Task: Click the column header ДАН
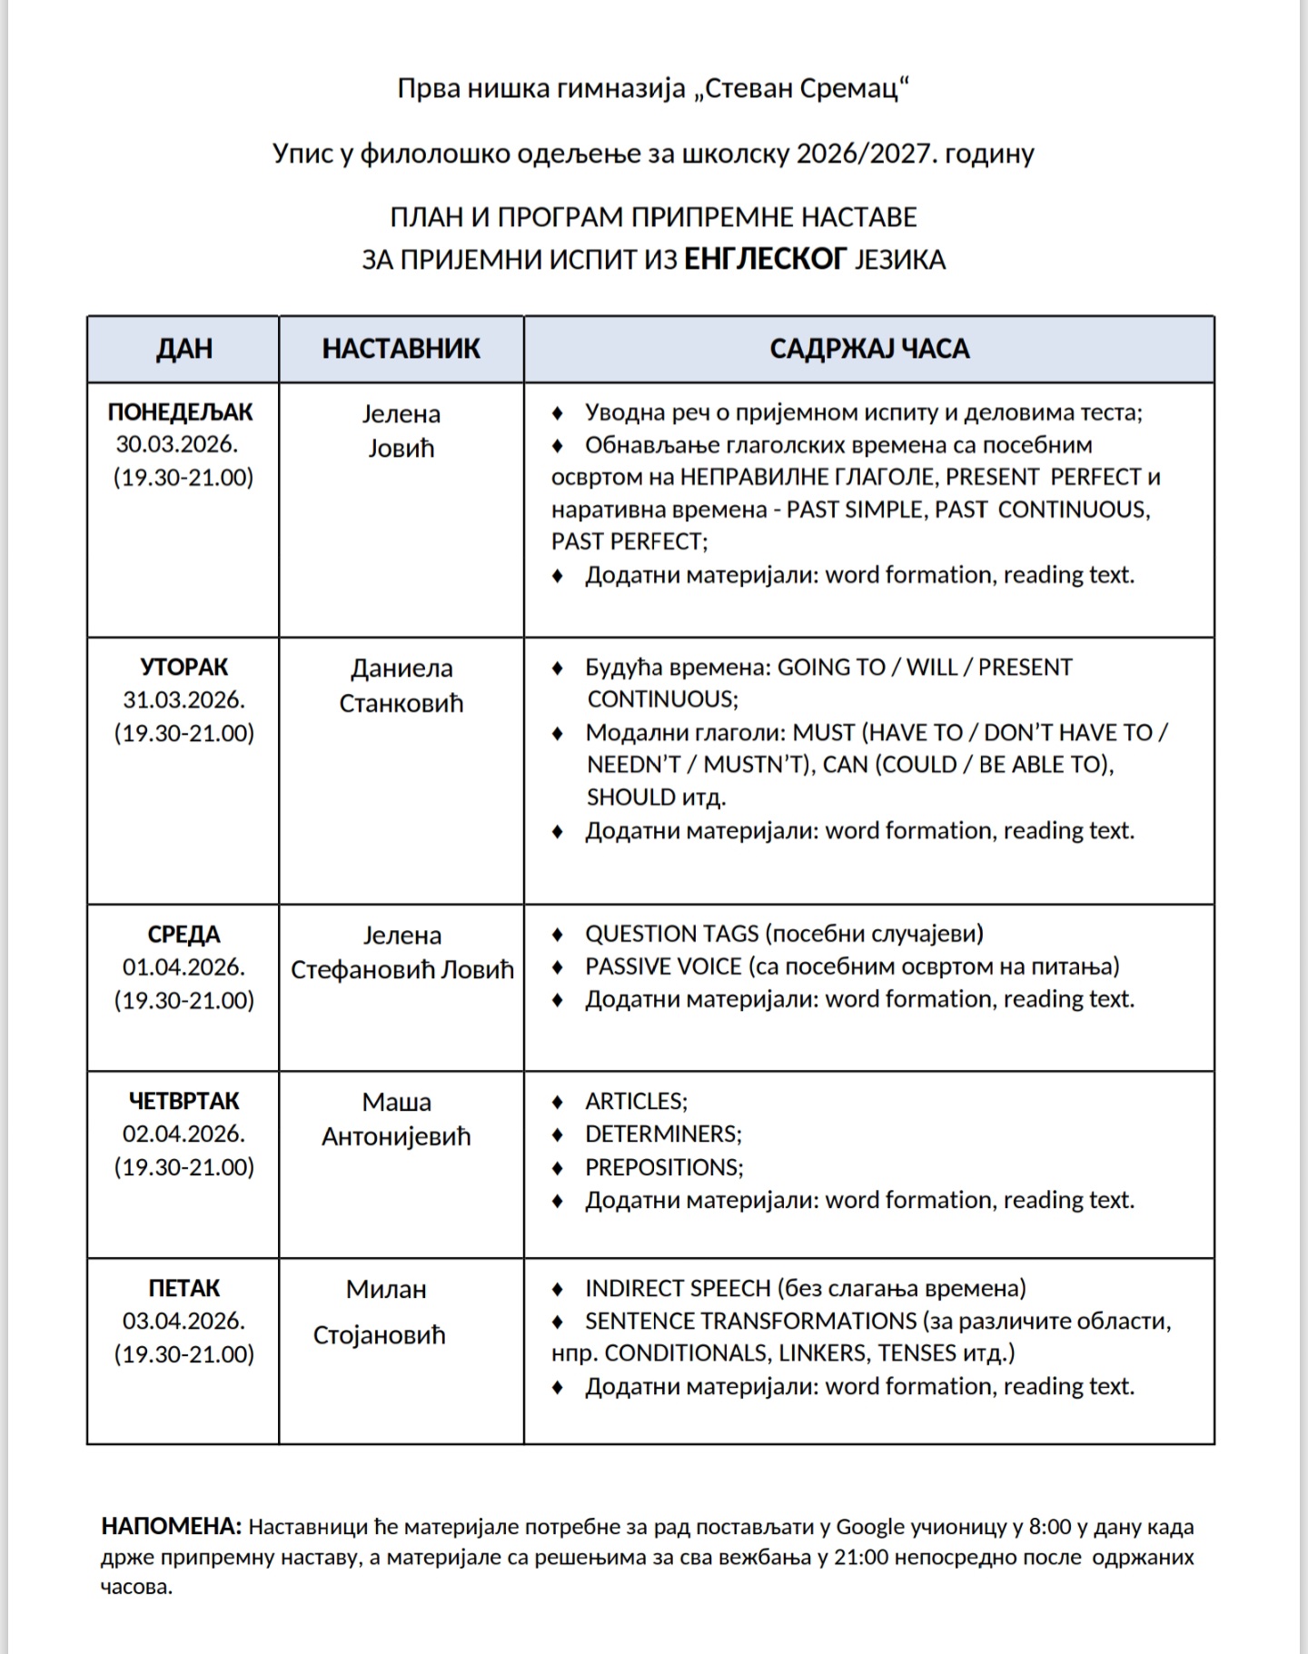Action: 183,349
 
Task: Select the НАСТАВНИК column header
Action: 401,349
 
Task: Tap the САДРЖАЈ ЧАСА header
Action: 869,349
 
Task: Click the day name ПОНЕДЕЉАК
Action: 181,412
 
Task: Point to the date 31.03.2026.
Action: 183,700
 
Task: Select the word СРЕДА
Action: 183,935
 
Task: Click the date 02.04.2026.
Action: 183,1134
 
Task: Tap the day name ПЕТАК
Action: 183,1288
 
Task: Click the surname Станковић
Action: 401,703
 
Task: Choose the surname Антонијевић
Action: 396,1136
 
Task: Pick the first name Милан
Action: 386,1289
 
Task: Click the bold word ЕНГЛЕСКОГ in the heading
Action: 765,260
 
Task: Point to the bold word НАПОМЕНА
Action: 171,1526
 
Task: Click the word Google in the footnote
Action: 870,1527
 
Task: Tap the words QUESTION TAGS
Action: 671,934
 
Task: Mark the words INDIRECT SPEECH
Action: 678,1288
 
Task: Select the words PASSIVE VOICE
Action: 663,966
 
